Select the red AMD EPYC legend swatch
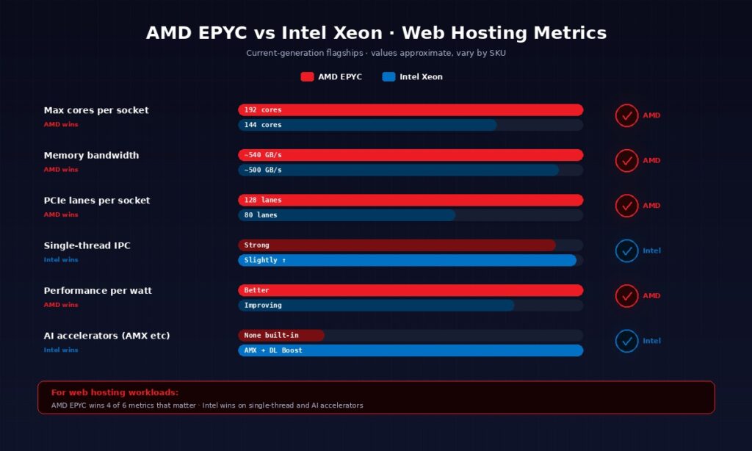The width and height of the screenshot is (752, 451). [x=307, y=77]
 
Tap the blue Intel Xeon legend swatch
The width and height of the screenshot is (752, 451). [x=388, y=77]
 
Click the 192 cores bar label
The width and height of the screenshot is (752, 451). [x=263, y=110]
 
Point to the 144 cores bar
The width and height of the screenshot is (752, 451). [x=367, y=125]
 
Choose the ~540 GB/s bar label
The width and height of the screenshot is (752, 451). [x=263, y=155]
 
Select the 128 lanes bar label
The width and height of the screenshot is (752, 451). [x=263, y=200]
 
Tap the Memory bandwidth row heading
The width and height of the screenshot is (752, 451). [x=91, y=156]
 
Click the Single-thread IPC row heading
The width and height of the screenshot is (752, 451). [x=87, y=245]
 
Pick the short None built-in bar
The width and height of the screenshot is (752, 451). [x=281, y=336]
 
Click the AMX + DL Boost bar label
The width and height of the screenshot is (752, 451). [x=273, y=350]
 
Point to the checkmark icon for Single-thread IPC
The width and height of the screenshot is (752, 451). [x=626, y=251]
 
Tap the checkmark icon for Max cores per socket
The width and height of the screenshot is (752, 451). [x=626, y=116]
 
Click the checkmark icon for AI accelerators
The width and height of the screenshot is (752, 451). [x=626, y=341]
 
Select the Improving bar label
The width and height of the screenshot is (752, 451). [x=263, y=306]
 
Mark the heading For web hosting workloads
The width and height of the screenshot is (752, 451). [x=115, y=393]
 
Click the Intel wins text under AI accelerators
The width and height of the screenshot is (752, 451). [x=61, y=350]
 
